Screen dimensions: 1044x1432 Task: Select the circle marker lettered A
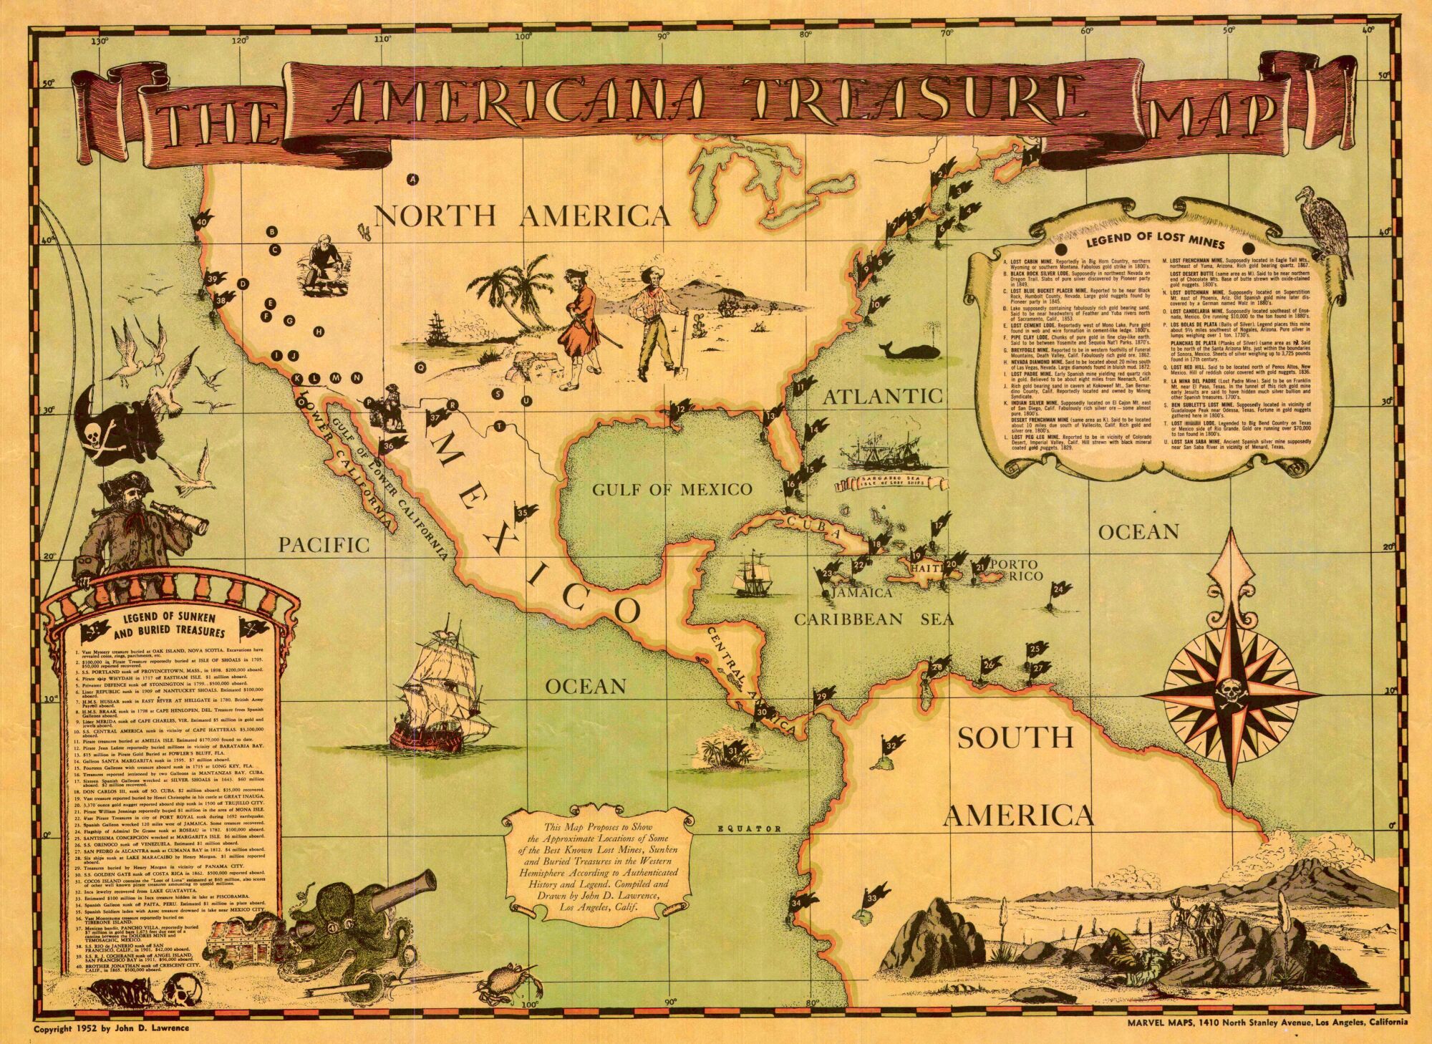click(412, 180)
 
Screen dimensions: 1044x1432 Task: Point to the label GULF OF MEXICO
click(672, 490)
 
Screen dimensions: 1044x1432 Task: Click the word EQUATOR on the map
click(750, 829)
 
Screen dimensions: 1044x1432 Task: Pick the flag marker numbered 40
click(203, 222)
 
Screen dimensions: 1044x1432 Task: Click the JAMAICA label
click(862, 593)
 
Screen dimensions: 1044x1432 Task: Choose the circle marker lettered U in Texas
click(527, 401)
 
